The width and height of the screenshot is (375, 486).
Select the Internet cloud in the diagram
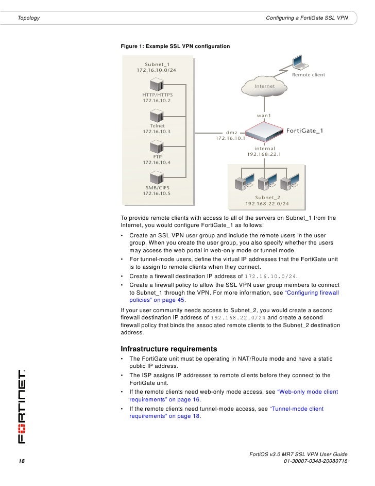point(265,86)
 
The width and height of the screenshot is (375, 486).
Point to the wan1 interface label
point(264,116)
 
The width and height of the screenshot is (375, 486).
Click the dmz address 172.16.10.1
point(230,138)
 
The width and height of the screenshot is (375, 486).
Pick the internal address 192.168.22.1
point(264,154)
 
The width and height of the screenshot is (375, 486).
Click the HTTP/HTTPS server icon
point(157,83)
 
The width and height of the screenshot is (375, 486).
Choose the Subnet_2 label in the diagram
point(267,197)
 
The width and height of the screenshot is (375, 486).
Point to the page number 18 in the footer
point(22,461)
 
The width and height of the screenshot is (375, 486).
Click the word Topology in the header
point(29,19)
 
